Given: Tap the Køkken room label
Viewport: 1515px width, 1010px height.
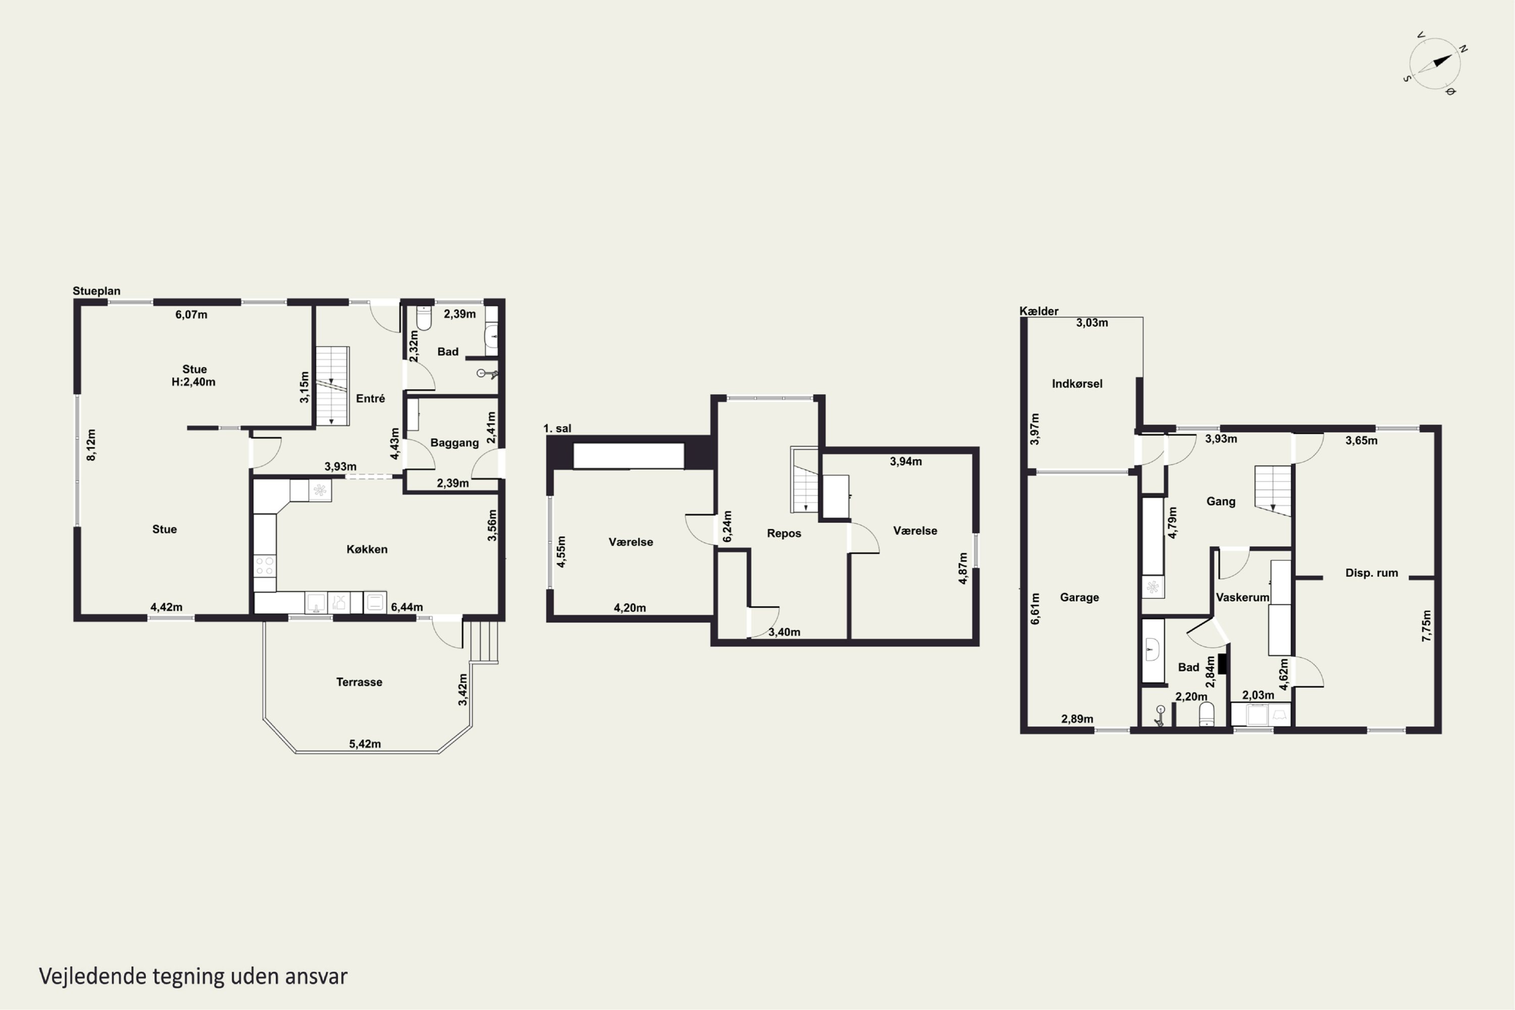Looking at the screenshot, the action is pos(367,549).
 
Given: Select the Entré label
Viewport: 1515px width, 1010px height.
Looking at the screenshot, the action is pos(370,399).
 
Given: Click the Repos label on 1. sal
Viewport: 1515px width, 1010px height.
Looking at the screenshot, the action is pos(784,533).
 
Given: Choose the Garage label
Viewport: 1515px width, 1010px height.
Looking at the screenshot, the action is pos(1080,598).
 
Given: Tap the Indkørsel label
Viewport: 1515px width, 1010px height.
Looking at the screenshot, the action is pos(1077,384).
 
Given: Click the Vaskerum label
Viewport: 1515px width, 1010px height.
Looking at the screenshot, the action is pos(1242,598).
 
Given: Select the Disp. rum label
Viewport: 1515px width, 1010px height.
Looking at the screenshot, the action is pos(1372,573).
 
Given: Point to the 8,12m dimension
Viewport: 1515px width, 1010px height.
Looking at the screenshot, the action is pos(91,445).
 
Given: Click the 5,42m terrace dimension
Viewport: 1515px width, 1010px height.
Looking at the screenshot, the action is pos(365,744).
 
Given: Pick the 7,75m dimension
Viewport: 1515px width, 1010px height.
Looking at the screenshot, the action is pos(1427,626).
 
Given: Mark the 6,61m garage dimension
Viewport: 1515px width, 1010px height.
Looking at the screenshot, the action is pos(1035,609).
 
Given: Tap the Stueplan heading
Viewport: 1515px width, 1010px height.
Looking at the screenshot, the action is pos(96,291).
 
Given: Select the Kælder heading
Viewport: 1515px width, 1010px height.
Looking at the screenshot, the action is pos(1039,311).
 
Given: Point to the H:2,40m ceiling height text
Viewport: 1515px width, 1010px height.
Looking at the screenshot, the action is pos(193,382).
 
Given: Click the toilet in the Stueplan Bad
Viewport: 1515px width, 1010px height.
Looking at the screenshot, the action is pos(424,318).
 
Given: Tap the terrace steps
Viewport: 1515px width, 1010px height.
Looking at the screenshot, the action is pos(484,641).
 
